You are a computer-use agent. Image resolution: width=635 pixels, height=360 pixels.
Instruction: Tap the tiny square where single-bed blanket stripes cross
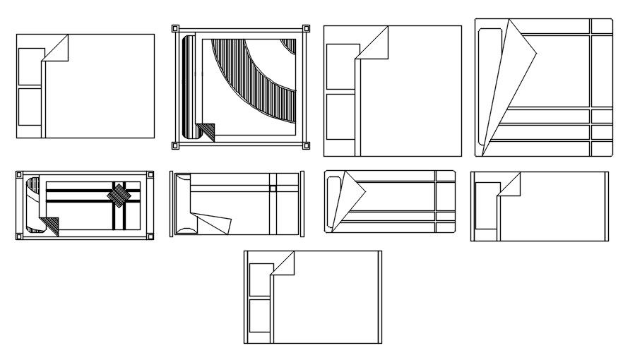coord(273,188)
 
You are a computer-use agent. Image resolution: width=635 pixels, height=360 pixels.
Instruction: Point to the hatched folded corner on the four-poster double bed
coord(206,131)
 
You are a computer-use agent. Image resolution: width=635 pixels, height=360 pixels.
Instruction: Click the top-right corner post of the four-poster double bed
coord(306,29)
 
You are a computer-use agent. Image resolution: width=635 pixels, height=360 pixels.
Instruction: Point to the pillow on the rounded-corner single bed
coord(335,200)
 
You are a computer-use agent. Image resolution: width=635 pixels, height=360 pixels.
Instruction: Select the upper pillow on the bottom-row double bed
coord(260,279)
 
